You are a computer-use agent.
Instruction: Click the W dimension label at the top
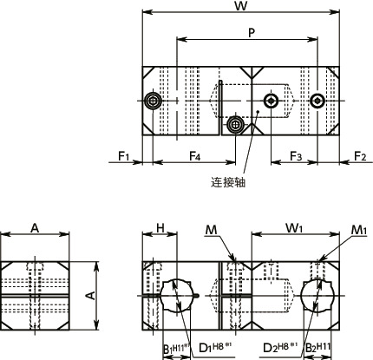click(x=239, y=7)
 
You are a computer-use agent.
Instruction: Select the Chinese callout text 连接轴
click(x=228, y=183)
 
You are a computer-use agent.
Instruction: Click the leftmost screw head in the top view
click(x=154, y=102)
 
